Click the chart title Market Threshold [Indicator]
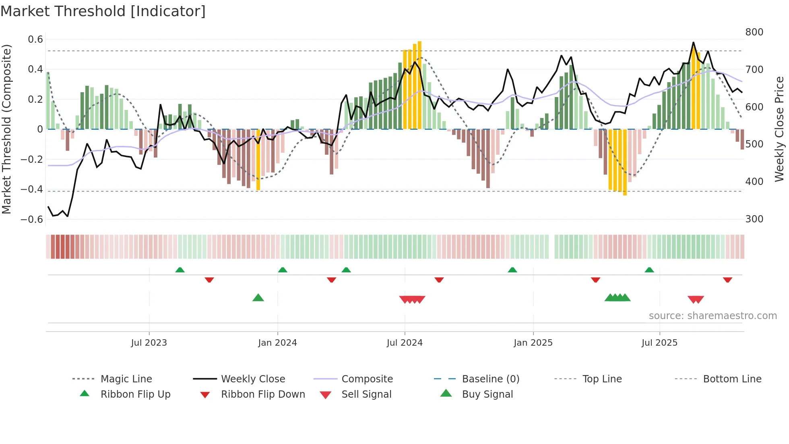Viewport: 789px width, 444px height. [103, 11]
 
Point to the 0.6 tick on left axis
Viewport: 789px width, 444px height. [35, 39]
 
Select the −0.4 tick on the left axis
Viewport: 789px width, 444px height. [32, 189]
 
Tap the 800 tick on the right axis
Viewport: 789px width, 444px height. [754, 32]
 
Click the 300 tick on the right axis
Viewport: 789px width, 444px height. [754, 219]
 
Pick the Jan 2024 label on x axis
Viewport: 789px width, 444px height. [277, 343]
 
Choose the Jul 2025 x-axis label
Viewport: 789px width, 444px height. [659, 343]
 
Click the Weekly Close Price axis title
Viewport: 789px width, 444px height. [779, 129]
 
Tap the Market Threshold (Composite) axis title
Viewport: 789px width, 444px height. [6, 129]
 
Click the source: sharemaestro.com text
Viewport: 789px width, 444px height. [713, 316]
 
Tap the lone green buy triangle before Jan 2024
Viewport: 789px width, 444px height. [258, 298]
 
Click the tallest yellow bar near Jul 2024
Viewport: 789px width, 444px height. [419, 85]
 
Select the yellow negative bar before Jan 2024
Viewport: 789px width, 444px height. [258, 159]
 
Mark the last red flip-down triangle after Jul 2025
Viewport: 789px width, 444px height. [727, 280]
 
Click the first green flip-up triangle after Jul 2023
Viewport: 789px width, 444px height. [180, 270]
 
